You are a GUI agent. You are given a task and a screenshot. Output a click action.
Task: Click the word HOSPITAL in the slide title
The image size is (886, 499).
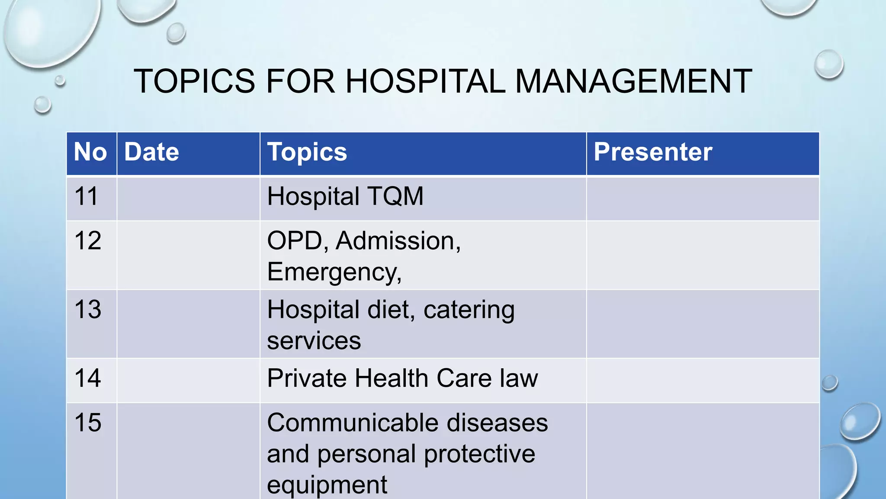(425, 81)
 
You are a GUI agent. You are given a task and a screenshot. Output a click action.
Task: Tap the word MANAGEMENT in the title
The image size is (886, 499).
(633, 81)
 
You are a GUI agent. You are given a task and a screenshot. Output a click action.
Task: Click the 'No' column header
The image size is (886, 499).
(90, 152)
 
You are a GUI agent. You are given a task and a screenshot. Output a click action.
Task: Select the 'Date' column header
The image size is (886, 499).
(151, 152)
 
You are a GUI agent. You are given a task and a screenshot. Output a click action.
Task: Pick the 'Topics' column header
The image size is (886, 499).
(307, 152)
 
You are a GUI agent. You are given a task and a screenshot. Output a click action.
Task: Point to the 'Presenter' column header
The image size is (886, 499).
(653, 152)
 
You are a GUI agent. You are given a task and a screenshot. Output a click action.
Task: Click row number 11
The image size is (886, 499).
(87, 196)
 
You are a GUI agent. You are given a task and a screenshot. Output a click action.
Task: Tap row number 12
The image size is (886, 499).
(88, 240)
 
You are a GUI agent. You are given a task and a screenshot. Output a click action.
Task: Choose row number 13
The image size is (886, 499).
(88, 309)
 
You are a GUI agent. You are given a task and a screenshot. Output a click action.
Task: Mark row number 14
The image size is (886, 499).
(88, 378)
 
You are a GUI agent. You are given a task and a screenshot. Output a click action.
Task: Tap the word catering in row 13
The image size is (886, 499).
(469, 310)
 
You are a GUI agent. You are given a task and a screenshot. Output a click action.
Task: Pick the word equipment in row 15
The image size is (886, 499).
(327, 485)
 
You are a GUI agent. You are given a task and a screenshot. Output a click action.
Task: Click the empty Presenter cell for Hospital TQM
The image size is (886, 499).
(703, 199)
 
